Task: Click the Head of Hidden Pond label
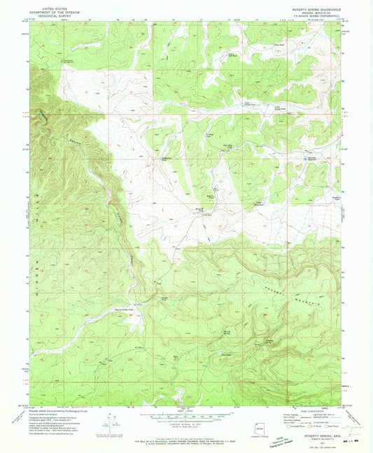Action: (125, 308)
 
